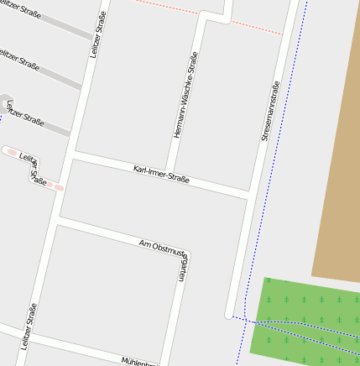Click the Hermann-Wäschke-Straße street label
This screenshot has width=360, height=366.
[x=185, y=95]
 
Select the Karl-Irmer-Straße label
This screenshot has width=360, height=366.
[x=161, y=175]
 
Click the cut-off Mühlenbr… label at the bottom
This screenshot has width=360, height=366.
[x=139, y=362]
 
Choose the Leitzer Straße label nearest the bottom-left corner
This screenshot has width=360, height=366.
[x=29, y=326]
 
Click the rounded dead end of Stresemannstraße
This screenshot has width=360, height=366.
[x=228, y=315]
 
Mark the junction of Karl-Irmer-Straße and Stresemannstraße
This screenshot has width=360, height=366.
[x=250, y=196]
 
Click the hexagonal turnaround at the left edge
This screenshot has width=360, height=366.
[x=4, y=100]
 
